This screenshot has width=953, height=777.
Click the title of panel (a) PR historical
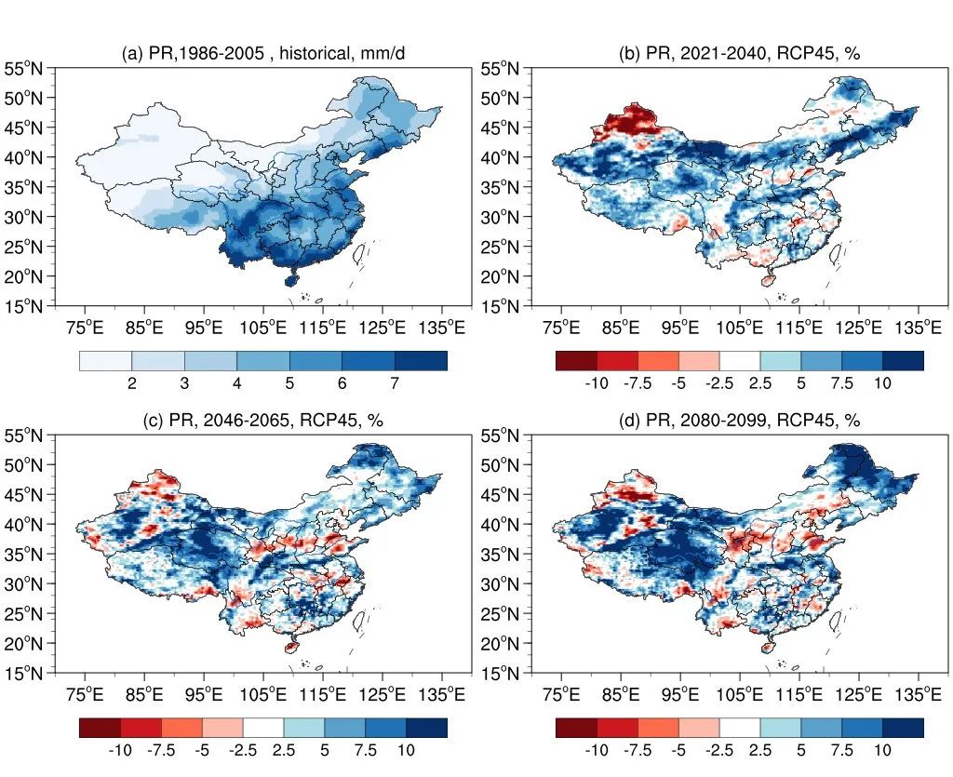coord(263,54)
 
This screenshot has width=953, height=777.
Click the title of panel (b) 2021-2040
coord(739,54)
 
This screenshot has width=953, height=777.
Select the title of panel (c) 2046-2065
coord(263,421)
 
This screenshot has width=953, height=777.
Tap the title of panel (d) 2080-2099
coord(739,421)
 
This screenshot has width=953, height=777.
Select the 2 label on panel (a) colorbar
coord(132,383)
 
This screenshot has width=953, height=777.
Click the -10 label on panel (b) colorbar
coord(597,383)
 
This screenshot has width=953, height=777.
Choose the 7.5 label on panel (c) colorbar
coord(365,750)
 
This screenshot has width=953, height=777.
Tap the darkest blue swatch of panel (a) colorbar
coord(421,361)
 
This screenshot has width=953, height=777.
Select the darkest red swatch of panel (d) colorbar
coord(576,728)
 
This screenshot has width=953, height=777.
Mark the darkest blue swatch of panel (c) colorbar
coord(426,728)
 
